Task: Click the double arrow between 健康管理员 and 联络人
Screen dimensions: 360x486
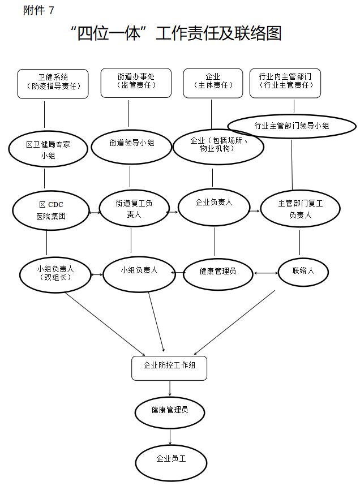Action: tap(266, 273)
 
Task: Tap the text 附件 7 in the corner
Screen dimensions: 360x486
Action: tap(38, 10)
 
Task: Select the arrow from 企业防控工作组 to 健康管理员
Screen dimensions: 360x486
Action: tap(170, 388)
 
